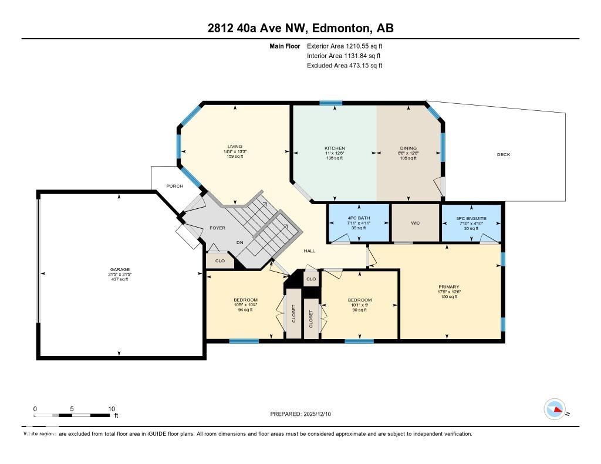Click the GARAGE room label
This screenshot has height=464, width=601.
119,270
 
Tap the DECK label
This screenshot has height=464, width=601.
504,155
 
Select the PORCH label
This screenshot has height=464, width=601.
174,186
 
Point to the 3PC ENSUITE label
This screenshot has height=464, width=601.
471,218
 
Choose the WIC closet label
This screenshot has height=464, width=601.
416,223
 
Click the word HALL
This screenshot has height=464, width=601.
309,251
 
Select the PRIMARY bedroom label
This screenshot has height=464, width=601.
448,287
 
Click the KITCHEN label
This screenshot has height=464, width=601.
335,148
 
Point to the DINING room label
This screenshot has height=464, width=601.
408,148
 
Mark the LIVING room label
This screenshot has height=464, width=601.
235,147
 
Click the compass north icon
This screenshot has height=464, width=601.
554,408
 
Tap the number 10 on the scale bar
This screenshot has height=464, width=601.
112,409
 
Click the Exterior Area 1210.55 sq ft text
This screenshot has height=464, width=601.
345,46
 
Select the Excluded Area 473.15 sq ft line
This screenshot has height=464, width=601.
345,66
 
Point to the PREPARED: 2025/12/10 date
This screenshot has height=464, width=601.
300,414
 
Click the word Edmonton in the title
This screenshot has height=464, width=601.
341,28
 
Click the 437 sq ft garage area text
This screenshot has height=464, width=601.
119,279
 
